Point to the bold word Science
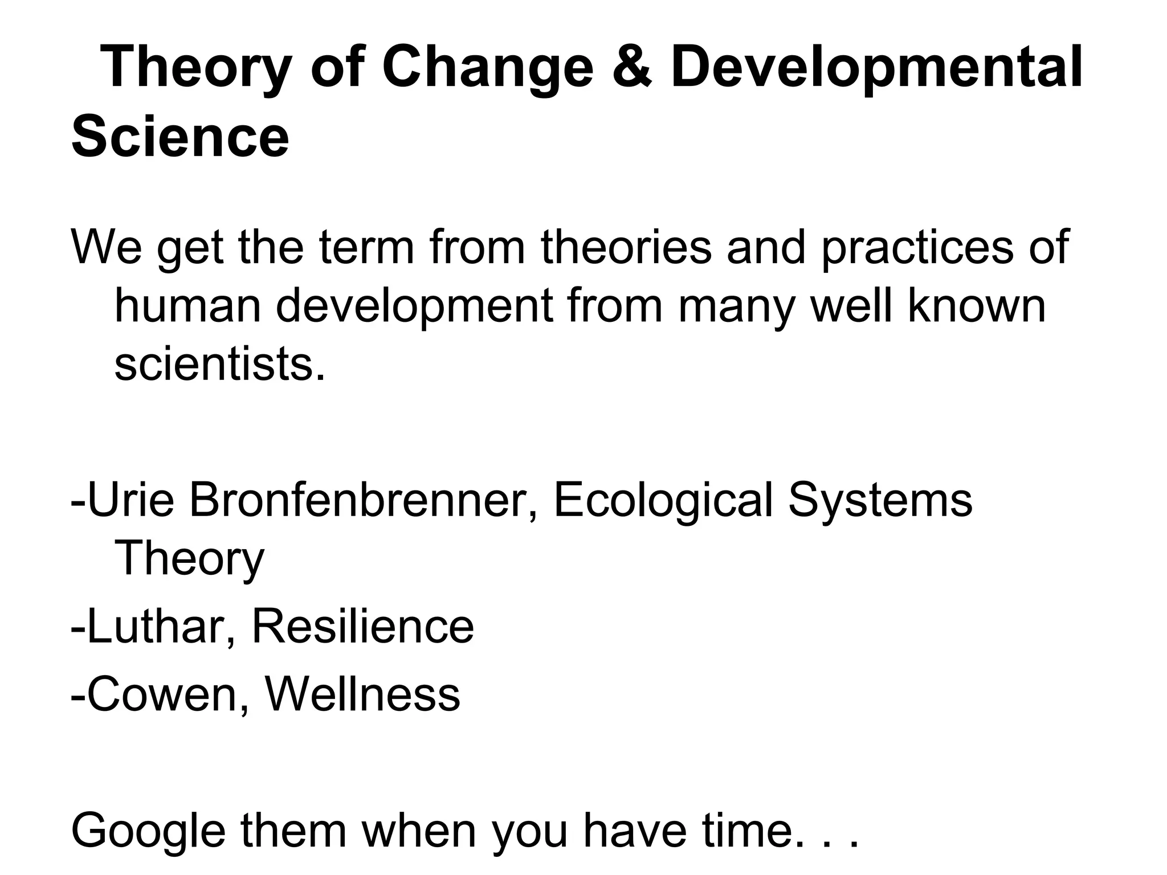[x=180, y=137]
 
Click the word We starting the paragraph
[x=107, y=247]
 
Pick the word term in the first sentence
[x=366, y=247]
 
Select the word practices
[x=917, y=247]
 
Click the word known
[x=976, y=305]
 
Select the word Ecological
[x=663, y=500]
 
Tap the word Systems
[x=880, y=500]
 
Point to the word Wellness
[x=362, y=694]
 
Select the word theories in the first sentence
[x=626, y=247]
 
